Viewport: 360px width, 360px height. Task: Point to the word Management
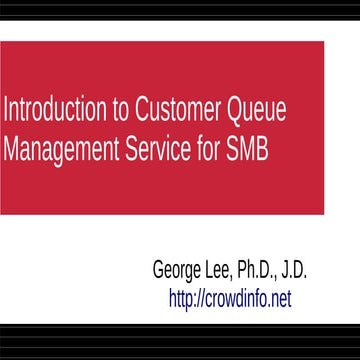68,148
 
